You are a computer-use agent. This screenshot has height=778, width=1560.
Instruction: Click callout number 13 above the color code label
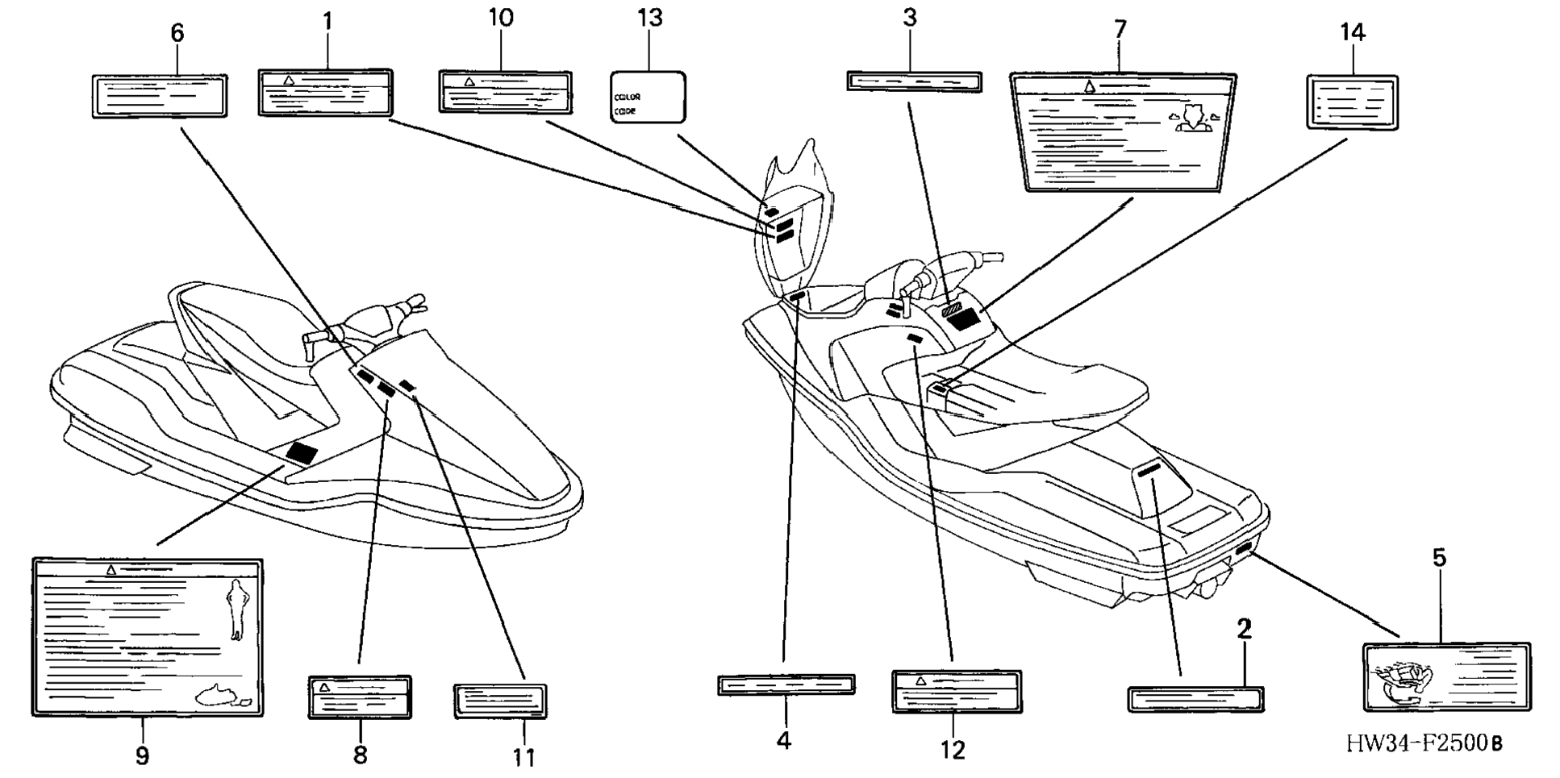649,18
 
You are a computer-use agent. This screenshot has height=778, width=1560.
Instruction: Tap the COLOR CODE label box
648,98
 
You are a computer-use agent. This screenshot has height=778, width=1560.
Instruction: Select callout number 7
1120,30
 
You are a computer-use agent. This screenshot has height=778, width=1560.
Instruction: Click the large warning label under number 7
1122,132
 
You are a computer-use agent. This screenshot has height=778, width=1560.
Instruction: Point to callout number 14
1352,33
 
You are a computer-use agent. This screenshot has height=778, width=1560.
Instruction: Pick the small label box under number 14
1352,103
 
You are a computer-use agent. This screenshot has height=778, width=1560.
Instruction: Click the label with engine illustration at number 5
1446,677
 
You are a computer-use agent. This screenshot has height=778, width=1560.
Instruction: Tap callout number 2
1244,629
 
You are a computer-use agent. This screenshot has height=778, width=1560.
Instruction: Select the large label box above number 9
148,637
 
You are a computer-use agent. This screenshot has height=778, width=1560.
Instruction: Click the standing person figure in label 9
237,609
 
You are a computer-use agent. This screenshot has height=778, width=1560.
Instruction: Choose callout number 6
177,33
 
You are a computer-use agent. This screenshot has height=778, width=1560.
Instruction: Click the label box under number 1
325,92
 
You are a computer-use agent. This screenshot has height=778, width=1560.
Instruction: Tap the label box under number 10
505,91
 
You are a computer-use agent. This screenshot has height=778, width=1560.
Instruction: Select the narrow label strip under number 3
914,81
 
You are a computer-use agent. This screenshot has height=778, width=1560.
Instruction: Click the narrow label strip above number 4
786,685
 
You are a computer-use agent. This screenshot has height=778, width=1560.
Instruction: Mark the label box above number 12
957,691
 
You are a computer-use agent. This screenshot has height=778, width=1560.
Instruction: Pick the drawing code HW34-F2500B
1424,743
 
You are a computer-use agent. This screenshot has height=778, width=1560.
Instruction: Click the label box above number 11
500,700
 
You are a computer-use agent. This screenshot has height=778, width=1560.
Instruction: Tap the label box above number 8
360,697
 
